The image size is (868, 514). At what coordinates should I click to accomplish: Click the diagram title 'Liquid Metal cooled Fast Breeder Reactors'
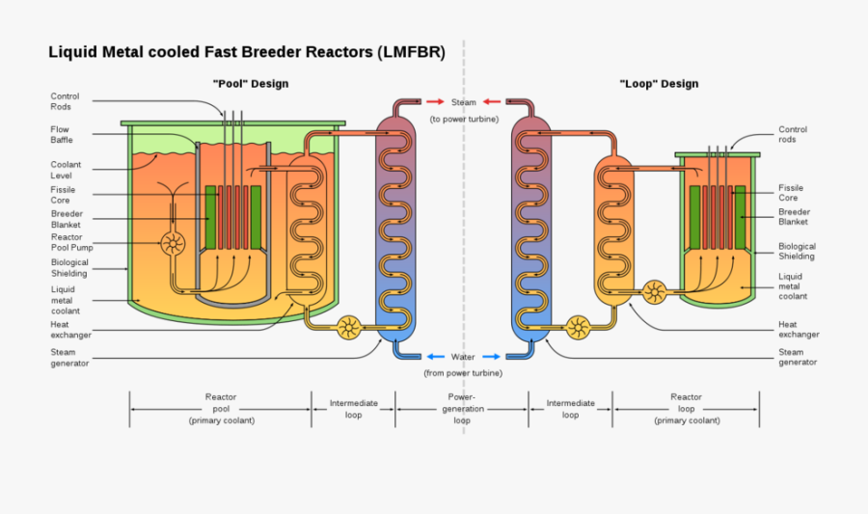(x=247, y=53)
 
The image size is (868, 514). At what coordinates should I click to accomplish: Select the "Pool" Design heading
(x=250, y=84)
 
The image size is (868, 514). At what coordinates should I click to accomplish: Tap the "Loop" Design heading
(x=659, y=84)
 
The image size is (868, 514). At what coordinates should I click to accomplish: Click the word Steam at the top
(x=463, y=102)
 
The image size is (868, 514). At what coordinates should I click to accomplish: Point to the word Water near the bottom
(x=463, y=357)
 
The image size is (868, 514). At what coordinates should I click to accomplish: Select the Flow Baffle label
(x=62, y=135)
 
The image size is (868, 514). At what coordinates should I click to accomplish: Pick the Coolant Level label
(x=67, y=171)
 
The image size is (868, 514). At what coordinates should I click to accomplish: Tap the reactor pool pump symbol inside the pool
(x=174, y=243)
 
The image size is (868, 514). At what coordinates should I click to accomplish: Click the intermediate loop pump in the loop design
(x=579, y=328)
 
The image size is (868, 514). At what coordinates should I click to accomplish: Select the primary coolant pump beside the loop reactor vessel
(x=655, y=291)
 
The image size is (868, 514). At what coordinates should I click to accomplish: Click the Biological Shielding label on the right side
(x=797, y=252)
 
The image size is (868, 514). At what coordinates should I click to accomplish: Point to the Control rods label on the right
(x=793, y=135)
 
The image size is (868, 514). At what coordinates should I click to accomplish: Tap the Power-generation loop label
(x=462, y=409)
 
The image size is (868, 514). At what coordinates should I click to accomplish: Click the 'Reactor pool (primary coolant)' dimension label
(x=221, y=409)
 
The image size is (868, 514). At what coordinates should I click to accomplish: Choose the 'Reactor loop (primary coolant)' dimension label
(x=686, y=409)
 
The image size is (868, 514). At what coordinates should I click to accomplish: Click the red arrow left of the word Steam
(x=435, y=102)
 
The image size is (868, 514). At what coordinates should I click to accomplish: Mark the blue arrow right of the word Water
(x=490, y=357)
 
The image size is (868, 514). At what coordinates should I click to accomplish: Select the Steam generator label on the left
(x=70, y=358)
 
